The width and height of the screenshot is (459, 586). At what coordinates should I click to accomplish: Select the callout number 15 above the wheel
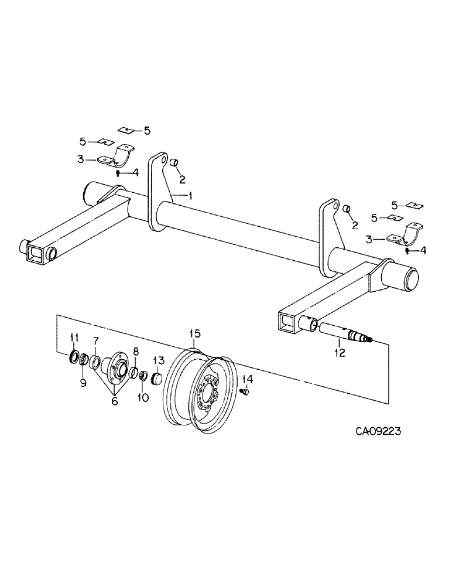pos(194,333)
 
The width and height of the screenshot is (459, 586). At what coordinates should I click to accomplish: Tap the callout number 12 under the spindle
pos(340,353)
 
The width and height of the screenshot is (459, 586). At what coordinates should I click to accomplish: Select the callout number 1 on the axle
pos(191,196)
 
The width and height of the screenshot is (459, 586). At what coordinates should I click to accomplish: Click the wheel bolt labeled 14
pos(246,392)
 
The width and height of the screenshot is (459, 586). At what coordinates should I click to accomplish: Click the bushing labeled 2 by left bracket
pos(173,162)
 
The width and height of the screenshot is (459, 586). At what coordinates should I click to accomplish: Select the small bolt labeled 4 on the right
pos(407,251)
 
